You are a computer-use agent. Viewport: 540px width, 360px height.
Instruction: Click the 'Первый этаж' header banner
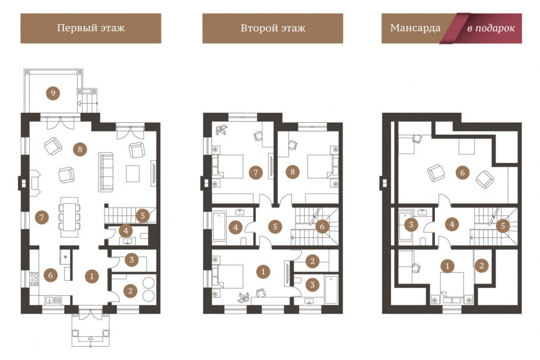pos(91,28)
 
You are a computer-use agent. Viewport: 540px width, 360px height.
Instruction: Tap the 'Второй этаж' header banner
pos(273,28)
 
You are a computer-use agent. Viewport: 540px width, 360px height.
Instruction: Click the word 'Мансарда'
pos(415,28)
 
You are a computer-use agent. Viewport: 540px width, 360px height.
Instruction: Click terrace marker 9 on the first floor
pos(53,93)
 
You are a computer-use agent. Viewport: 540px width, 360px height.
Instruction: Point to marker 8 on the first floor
pos(80,149)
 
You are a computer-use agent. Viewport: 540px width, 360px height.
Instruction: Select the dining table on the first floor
pos(69,217)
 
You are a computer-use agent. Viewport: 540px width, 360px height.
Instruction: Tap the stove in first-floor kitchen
pos(34,278)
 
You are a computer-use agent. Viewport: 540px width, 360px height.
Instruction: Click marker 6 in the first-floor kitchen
pos(50,275)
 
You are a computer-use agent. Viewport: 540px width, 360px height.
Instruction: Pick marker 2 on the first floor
pos(130,291)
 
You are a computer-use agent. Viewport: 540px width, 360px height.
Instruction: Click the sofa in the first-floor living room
pos(106,172)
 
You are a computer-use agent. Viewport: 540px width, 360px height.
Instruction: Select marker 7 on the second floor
pos(256,172)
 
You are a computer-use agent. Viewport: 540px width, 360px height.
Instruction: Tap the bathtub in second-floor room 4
pos(220,227)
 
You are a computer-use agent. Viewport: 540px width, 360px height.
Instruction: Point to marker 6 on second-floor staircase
pos(322,227)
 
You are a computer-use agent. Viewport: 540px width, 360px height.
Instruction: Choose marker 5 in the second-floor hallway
pos(275,227)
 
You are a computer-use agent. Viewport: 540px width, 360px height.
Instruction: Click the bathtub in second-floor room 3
pos(331,289)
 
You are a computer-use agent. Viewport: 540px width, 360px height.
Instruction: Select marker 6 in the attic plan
pos(462,172)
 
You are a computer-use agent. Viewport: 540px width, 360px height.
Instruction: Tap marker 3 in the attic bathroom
pos(411,225)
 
